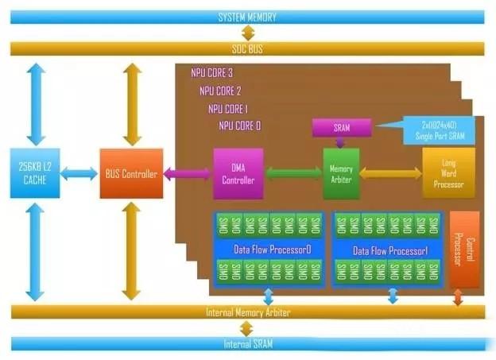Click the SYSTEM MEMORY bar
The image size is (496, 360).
pyautogui.click(x=247, y=17)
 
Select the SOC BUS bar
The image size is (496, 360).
pyautogui.click(x=247, y=48)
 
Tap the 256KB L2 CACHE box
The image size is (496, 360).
pyautogui.click(x=35, y=172)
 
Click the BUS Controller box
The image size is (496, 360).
pyautogui.click(x=131, y=173)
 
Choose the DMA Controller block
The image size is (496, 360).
pyautogui.click(x=238, y=173)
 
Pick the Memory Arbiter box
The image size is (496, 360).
pyautogui.click(x=341, y=172)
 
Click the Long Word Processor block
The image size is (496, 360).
pyautogui.click(x=443, y=172)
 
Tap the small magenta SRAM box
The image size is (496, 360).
pyautogui.click(x=342, y=127)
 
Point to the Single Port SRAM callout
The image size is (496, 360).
pyautogui.click(x=440, y=129)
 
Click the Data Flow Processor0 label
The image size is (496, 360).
pyautogui.click(x=271, y=249)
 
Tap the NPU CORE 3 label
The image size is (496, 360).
pyautogui.click(x=211, y=73)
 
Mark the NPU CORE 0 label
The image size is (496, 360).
pyautogui.click(x=239, y=126)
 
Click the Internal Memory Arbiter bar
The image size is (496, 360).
pyautogui.click(x=247, y=312)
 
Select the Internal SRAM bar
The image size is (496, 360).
pyautogui.click(x=247, y=343)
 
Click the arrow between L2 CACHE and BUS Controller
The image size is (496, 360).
pyautogui.click(x=79, y=173)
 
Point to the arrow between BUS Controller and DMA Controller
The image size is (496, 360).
pyautogui.click(x=188, y=173)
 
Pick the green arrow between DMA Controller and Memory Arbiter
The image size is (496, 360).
pyautogui.click(x=293, y=172)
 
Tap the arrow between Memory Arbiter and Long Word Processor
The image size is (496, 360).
pyautogui.click(x=390, y=172)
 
